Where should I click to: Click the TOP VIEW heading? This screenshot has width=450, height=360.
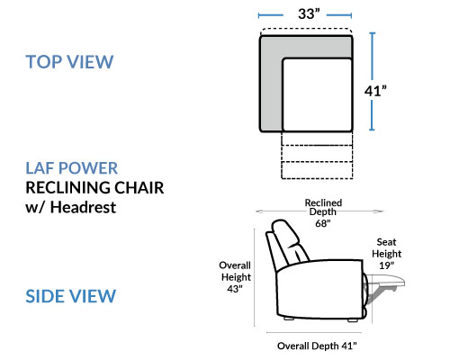point(69,62)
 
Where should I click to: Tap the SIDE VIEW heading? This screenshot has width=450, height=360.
point(71,296)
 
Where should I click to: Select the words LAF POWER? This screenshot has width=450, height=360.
point(72,168)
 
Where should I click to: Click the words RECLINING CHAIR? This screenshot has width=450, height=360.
point(94,187)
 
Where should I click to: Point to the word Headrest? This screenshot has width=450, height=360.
point(83,207)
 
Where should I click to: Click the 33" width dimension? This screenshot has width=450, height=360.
point(309,13)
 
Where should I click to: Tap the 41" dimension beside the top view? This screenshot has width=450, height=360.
point(375,91)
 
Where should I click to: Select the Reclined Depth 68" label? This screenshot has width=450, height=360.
point(323,212)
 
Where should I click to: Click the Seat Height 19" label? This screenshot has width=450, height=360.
point(386,254)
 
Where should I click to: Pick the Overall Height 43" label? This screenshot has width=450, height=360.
point(235,277)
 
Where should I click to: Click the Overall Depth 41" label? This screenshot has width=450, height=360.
point(317,346)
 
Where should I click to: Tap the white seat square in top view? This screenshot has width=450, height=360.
point(317,94)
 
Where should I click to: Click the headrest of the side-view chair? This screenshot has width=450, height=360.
point(285,234)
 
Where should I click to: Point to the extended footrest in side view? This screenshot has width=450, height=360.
point(385,281)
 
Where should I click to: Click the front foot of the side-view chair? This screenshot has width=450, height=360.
point(353,320)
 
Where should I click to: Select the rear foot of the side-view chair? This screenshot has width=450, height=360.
point(289,319)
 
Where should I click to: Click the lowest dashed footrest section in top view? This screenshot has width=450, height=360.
point(317,170)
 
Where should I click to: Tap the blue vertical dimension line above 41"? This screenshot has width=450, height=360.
point(373,56)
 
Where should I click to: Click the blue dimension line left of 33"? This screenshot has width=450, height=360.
point(270,15)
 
